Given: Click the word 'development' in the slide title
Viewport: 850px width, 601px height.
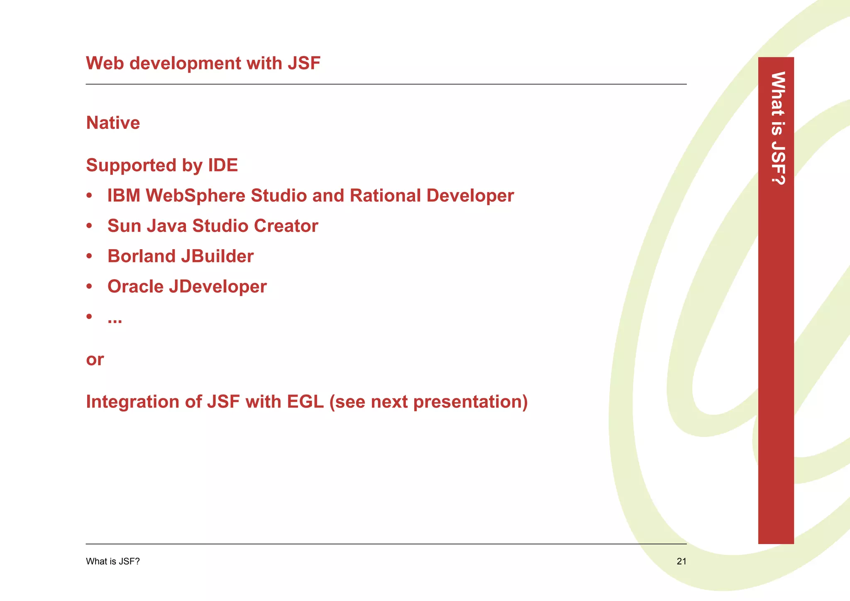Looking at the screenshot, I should [x=185, y=64].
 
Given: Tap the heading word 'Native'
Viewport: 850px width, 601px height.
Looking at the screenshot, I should [x=113, y=123].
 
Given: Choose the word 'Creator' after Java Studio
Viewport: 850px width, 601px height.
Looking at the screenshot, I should [x=286, y=226].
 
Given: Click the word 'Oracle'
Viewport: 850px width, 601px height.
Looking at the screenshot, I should [x=135, y=287].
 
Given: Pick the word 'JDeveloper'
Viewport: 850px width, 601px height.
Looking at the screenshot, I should [x=217, y=287].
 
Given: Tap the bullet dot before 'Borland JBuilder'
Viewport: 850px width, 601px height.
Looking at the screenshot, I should [x=89, y=256].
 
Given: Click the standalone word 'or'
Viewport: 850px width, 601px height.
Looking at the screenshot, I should [x=95, y=360].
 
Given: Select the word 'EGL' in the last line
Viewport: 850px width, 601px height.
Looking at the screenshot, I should [x=305, y=402].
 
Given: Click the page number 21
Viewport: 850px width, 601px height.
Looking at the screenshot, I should [x=681, y=562].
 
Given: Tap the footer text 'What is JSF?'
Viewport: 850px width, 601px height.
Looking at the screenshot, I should [x=113, y=562].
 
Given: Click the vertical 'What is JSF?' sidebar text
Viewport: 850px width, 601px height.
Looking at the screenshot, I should [x=777, y=128].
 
